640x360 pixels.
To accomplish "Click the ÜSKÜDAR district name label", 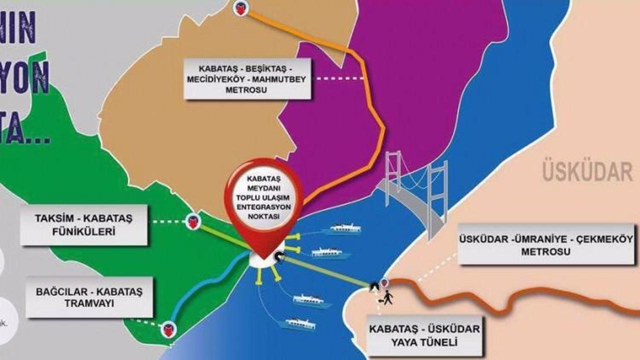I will point(588,171).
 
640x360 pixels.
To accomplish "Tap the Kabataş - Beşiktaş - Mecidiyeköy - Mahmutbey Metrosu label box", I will point(248,78).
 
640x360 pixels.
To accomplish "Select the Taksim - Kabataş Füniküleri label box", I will point(84,225).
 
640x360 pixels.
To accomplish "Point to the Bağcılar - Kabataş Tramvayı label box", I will point(89,297).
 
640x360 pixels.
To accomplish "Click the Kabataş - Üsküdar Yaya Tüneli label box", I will point(424,335).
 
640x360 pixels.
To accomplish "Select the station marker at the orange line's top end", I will point(241,7).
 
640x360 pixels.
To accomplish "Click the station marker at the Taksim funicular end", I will point(193,221).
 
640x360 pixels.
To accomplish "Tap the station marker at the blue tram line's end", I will point(168,329).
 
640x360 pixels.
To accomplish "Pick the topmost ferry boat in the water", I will point(342,229).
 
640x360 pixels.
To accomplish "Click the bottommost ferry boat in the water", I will point(298,324).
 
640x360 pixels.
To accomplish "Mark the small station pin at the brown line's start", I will point(384,283).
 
